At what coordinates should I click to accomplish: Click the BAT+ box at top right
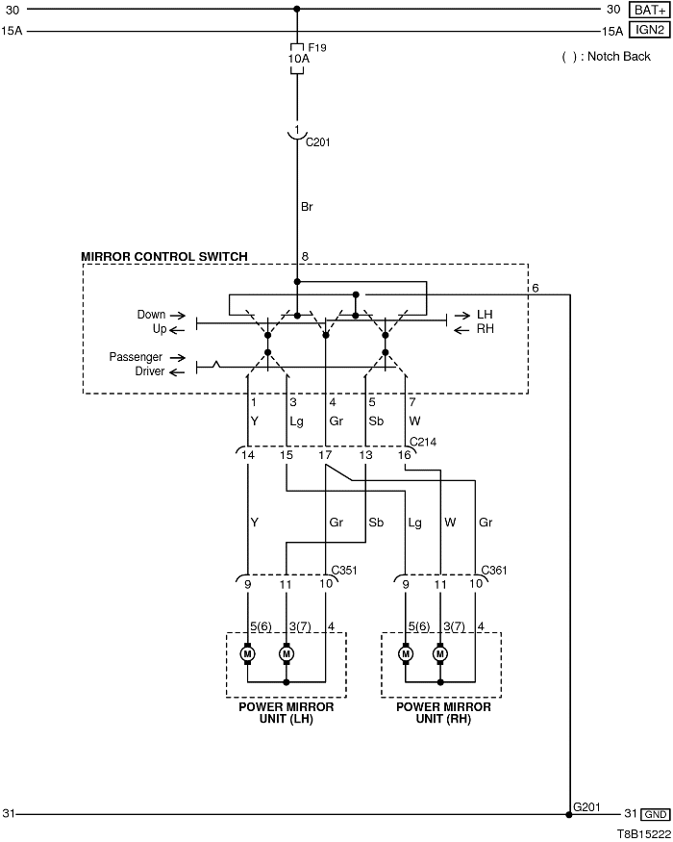click(649, 10)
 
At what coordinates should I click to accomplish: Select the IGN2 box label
click(649, 31)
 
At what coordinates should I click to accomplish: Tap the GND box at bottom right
click(656, 814)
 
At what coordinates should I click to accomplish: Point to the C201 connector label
click(318, 141)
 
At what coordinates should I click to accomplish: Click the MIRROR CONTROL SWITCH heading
click(163, 257)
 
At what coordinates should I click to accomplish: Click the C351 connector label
click(345, 570)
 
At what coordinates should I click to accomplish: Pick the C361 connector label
click(494, 570)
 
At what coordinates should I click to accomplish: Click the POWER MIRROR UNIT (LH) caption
click(286, 713)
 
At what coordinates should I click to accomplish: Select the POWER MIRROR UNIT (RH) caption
click(443, 713)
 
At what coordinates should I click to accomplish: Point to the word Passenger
click(136, 357)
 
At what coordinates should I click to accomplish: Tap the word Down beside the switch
click(151, 315)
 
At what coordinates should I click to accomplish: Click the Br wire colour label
click(308, 206)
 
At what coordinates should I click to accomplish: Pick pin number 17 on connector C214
click(326, 454)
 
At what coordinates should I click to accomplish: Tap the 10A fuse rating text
click(299, 58)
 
